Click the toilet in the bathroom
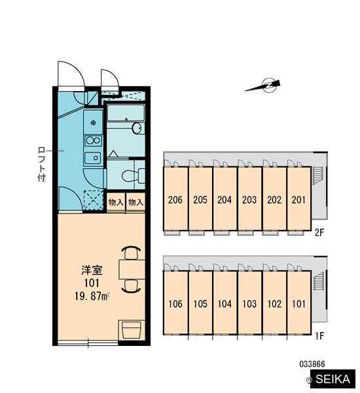[134, 176]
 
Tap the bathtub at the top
[126, 113]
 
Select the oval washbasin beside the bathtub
[137, 128]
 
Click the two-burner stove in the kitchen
[93, 141]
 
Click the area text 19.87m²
[92, 296]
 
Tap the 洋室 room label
[92, 270]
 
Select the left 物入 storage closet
[116, 202]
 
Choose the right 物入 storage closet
[135, 202]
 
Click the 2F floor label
[319, 233]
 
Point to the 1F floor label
[319, 335]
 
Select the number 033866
[312, 364]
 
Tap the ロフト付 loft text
[42, 164]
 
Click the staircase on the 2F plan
[317, 175]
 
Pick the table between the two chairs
[132, 269]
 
